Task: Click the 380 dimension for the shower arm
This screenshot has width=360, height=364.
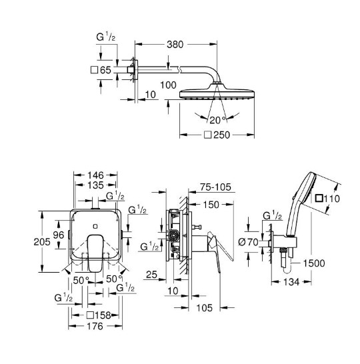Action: [x=175, y=45]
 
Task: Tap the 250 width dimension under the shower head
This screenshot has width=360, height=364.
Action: [x=221, y=135]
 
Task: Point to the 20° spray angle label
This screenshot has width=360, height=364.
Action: [x=218, y=120]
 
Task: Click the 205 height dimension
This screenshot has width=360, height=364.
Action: [x=42, y=242]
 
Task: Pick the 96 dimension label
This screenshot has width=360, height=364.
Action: [x=59, y=235]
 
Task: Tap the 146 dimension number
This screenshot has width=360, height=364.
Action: [x=95, y=175]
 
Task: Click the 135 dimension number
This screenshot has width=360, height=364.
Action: [x=95, y=185]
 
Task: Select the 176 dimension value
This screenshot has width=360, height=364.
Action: [x=95, y=327]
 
